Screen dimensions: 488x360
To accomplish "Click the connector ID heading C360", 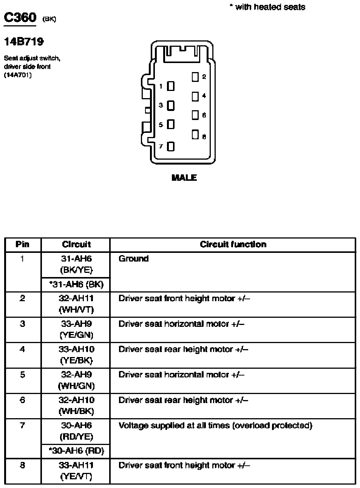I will (x=20, y=17).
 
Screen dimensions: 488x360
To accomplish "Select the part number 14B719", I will (x=23, y=42).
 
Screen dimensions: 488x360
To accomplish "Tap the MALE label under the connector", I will (x=184, y=177).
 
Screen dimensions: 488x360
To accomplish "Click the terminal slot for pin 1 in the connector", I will (x=171, y=86).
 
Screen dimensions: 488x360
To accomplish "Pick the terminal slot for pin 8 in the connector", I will (x=195, y=134).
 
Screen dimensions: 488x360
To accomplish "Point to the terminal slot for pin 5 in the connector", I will (x=171, y=125).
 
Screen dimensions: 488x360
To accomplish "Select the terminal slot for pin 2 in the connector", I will (x=195, y=77).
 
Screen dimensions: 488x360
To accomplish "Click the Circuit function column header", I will (x=233, y=245).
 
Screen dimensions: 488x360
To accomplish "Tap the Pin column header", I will (x=23, y=245).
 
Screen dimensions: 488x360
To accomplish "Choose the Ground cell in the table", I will (x=133, y=259).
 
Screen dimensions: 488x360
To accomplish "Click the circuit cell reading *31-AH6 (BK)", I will (x=76, y=284).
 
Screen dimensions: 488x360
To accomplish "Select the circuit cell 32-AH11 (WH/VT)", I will (x=76, y=304).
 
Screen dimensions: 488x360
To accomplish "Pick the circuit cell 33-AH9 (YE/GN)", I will (x=76, y=329).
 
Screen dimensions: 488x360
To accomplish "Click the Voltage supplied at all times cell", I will (x=215, y=426).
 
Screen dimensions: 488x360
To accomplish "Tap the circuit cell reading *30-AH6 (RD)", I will (x=76, y=451).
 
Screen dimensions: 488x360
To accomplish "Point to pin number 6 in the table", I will (x=23, y=400).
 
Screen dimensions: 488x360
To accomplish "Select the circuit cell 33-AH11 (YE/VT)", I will (x=76, y=471).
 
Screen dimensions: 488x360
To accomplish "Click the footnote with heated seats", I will (x=267, y=7).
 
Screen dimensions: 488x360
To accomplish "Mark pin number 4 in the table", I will (x=23, y=349).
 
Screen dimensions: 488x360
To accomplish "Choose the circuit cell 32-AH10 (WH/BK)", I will (x=76, y=405).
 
